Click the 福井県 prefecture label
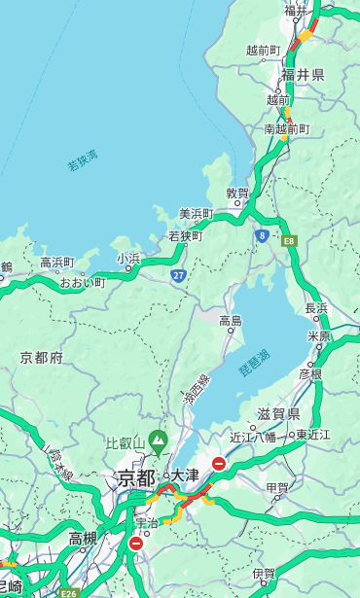click(x=305, y=75)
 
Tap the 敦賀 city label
click(x=237, y=193)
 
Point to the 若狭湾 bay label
click(x=83, y=160)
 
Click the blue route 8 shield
click(x=262, y=235)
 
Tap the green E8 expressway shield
click(x=289, y=240)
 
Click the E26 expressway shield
click(x=67, y=592)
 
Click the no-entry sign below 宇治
click(x=135, y=544)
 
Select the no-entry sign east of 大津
click(x=219, y=464)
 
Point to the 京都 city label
click(x=136, y=477)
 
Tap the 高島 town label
click(x=231, y=320)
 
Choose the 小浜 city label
click(x=128, y=259)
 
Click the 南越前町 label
click(x=286, y=128)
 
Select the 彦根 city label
click(x=309, y=373)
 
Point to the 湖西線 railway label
click(x=196, y=391)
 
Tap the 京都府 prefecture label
click(x=42, y=358)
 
